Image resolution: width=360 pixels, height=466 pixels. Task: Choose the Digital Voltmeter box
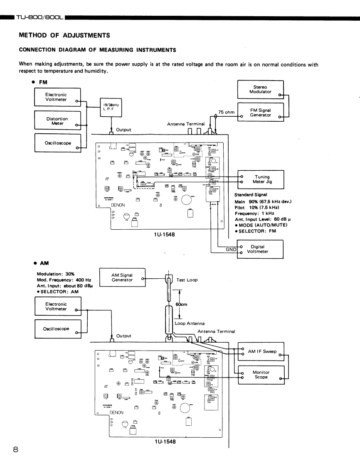[260, 249]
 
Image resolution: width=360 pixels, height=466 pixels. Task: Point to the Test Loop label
[187, 280]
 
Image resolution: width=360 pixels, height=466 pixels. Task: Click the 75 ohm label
[227, 112]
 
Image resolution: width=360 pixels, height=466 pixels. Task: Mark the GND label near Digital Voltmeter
[230, 249]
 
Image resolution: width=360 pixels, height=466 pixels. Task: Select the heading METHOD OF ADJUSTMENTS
[64, 35]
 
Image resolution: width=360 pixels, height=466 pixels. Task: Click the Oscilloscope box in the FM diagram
[57, 143]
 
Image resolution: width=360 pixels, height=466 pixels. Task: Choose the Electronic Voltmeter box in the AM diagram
[56, 307]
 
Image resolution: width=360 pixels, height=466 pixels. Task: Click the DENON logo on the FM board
[118, 205]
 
